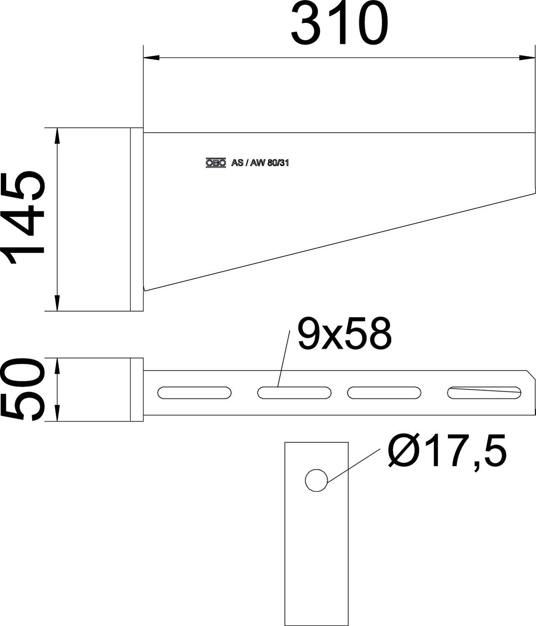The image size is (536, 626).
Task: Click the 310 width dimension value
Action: pyautogui.click(x=339, y=25)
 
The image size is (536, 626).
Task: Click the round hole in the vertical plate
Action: pyautogui.click(x=316, y=480)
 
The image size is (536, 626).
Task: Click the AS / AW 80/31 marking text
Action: pyautogui.click(x=260, y=163)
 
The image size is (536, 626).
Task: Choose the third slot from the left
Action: pyautogui.click(x=384, y=393)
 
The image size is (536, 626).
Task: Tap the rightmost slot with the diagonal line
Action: pyautogui.click(x=484, y=393)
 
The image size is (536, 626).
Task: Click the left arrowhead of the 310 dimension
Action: pyautogui.click(x=151, y=58)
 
